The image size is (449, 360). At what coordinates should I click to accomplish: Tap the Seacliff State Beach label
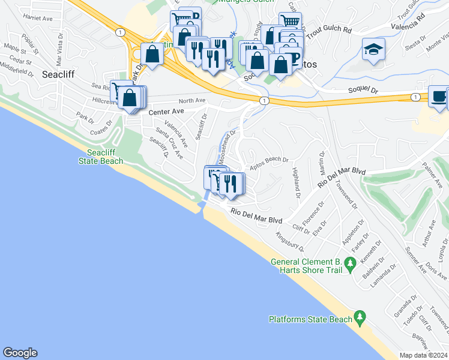(101, 157)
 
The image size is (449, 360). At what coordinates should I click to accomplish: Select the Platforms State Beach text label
(310, 319)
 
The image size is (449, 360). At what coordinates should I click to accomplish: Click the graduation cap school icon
(373, 50)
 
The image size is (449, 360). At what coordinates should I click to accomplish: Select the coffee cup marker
(438, 97)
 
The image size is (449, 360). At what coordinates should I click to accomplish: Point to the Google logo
(20, 353)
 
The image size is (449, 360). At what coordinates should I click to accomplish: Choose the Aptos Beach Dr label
(270, 164)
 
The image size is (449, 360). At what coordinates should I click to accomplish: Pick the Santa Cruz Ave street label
(170, 144)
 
